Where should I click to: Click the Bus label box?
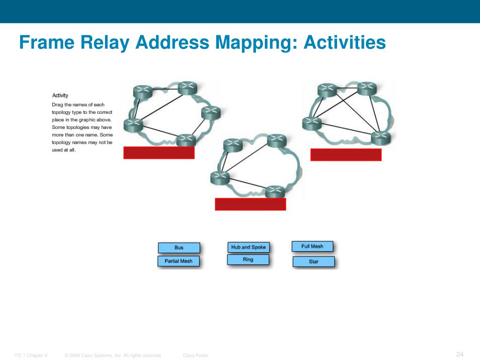(x=179, y=247)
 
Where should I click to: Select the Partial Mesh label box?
(x=179, y=261)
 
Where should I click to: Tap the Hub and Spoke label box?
(x=248, y=247)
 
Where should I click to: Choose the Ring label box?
(x=248, y=260)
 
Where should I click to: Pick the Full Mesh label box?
(x=312, y=246)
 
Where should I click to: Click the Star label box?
(x=314, y=262)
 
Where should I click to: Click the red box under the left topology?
(x=159, y=153)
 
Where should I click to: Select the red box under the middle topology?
(x=250, y=204)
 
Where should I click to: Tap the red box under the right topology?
(x=346, y=155)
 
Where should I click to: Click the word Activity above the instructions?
(x=60, y=96)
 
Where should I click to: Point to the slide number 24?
(x=460, y=354)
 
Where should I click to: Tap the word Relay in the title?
(x=106, y=43)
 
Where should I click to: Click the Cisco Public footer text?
(x=195, y=356)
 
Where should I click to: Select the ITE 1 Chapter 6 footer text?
(x=31, y=356)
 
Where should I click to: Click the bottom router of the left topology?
(x=186, y=139)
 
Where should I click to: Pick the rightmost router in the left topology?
(x=210, y=112)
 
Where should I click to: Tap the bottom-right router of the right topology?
(x=381, y=137)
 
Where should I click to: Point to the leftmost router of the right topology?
(x=312, y=123)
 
